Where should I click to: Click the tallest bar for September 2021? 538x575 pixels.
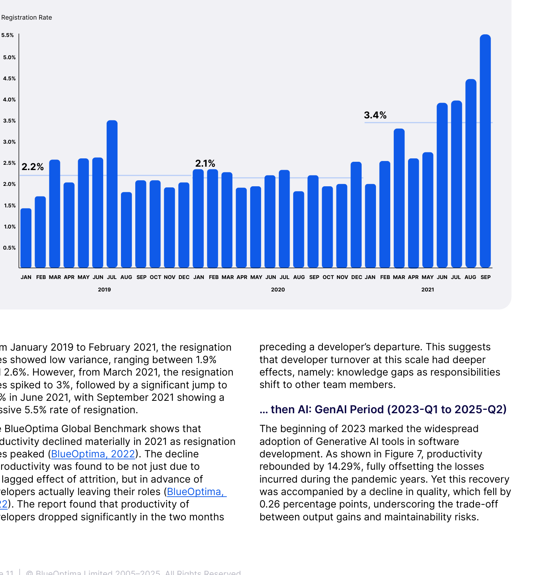click(485, 151)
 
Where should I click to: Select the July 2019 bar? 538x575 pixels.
click(112, 194)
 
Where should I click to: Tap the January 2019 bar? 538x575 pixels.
click(26, 238)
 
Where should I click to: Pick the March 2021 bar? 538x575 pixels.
click(399, 198)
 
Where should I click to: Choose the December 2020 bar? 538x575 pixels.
click(356, 215)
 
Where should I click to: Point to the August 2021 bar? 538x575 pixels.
click(471, 173)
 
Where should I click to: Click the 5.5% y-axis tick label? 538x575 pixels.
click(8, 35)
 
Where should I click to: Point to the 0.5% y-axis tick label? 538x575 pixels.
click(9, 248)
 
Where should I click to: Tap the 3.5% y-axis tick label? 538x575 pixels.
click(9, 121)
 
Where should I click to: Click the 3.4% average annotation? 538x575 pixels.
click(375, 115)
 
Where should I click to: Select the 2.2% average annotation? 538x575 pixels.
click(33, 167)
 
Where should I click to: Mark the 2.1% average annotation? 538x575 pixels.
click(205, 163)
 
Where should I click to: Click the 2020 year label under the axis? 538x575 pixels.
click(278, 290)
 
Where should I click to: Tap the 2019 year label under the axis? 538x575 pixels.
click(104, 290)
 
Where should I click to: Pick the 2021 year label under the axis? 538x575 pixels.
click(428, 290)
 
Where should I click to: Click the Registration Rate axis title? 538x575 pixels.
click(26, 17)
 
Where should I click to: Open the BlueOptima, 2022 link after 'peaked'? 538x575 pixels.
click(93, 454)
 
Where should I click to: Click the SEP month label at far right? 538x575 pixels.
click(486, 277)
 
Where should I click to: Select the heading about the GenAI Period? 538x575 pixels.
click(383, 409)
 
